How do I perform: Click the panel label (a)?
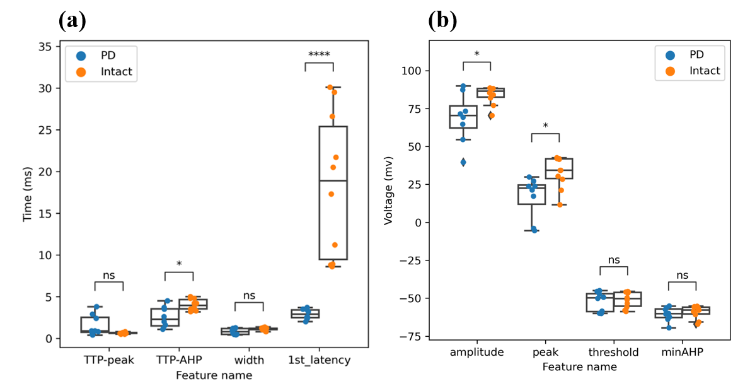[72, 21]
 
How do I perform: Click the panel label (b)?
[442, 21]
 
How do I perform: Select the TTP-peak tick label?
[109, 360]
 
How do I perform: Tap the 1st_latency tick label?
[319, 360]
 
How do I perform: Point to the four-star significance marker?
[320, 54]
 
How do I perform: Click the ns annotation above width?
[249, 295]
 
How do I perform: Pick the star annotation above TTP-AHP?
[179, 264]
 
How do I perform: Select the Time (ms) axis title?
[27, 190]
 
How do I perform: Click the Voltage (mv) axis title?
[388, 190]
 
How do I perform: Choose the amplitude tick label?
[476, 352]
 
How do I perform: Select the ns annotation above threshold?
[614, 259]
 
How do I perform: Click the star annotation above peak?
[545, 126]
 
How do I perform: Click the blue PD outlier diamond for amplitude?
[463, 162]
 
